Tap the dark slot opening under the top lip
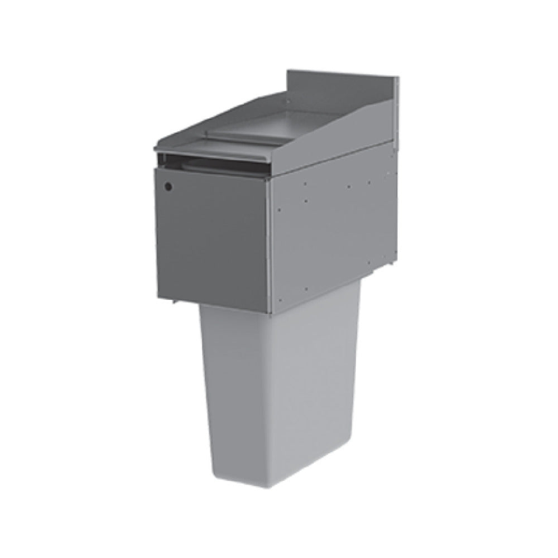tap(212, 165)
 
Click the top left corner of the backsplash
tap(288, 71)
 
